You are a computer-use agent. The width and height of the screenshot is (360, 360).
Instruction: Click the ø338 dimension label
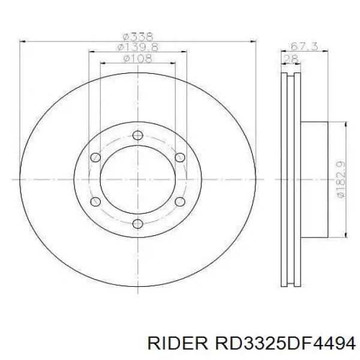point(138,37)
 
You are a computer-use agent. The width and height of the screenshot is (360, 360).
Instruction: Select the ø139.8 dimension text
point(138,47)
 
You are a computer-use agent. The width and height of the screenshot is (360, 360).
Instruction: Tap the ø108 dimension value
point(138,58)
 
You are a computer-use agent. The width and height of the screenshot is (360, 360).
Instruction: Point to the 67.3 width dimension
point(304,46)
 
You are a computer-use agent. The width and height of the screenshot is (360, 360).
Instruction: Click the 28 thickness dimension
point(290,59)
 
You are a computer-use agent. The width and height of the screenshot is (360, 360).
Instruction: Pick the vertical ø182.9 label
point(340,179)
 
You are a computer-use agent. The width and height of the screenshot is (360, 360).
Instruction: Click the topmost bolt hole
point(138,135)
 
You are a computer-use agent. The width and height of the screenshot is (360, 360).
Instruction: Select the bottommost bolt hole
point(138,224)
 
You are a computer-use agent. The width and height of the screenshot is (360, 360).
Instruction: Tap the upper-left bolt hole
point(95,157)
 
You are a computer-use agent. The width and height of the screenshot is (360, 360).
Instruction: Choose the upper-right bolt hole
point(180,157)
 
